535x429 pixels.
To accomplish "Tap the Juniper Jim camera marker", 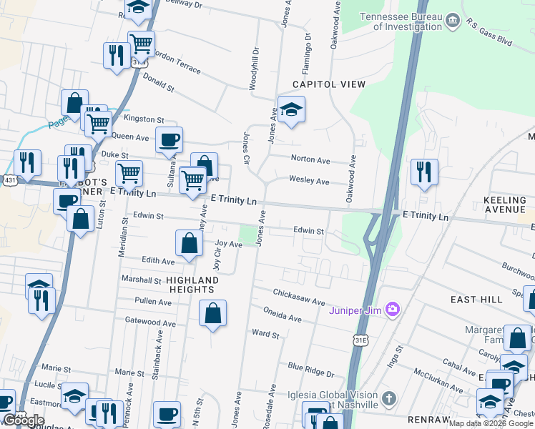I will pos(391,310).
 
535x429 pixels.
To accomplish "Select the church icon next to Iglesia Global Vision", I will pos(388,398).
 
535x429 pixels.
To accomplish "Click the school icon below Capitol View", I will pos(291,110).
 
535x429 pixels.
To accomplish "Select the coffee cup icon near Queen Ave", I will pos(169,139).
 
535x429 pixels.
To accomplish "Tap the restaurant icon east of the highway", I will pos(424,172).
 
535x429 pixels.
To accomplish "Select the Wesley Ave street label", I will pos(309,182).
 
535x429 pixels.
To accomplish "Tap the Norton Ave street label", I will pos(310,159).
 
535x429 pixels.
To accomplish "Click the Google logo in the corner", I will pos(23,420).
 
